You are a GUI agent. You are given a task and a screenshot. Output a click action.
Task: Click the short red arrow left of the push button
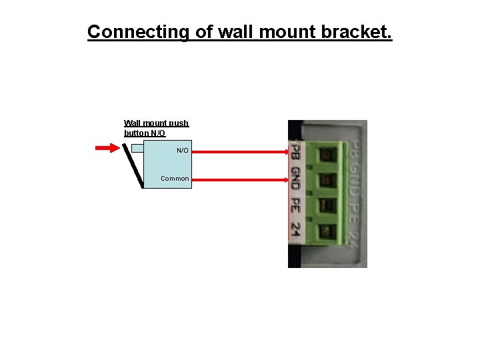(107, 148)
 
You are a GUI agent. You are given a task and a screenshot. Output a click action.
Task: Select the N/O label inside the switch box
(183, 151)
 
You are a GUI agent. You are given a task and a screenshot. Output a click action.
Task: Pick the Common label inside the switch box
(175, 179)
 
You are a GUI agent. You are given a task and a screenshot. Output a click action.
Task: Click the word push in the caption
(179, 123)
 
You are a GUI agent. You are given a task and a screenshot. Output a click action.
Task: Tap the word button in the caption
(136, 133)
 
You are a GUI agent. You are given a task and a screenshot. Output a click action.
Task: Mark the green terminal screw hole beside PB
(327, 155)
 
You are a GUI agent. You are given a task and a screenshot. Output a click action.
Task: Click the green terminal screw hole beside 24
(327, 231)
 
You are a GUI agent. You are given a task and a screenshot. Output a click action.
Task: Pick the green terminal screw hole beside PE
(327, 205)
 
